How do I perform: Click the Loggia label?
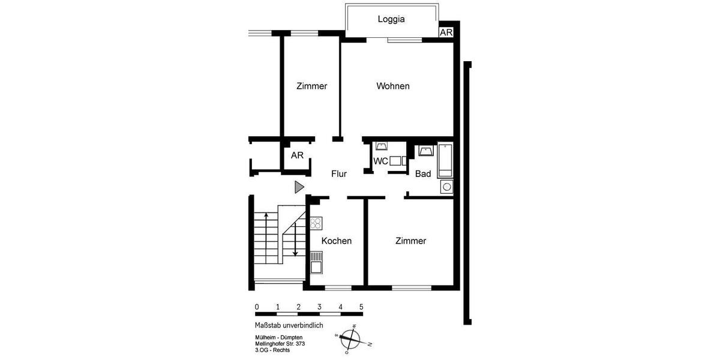click(x=391, y=19)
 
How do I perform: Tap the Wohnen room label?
click(x=393, y=86)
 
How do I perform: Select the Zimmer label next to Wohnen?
click(x=312, y=86)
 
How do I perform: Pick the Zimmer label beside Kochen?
click(x=410, y=241)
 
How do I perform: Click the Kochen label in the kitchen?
click(x=337, y=241)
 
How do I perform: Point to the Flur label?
click(x=339, y=174)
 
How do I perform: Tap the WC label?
click(x=380, y=161)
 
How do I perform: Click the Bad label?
click(x=423, y=174)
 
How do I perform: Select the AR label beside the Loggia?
click(x=446, y=32)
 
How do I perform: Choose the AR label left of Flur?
click(x=298, y=155)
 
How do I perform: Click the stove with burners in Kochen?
click(x=316, y=223)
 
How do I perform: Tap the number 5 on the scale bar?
click(x=361, y=307)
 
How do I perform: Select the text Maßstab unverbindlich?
click(x=289, y=325)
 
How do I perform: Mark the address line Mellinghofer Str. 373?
click(x=280, y=344)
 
